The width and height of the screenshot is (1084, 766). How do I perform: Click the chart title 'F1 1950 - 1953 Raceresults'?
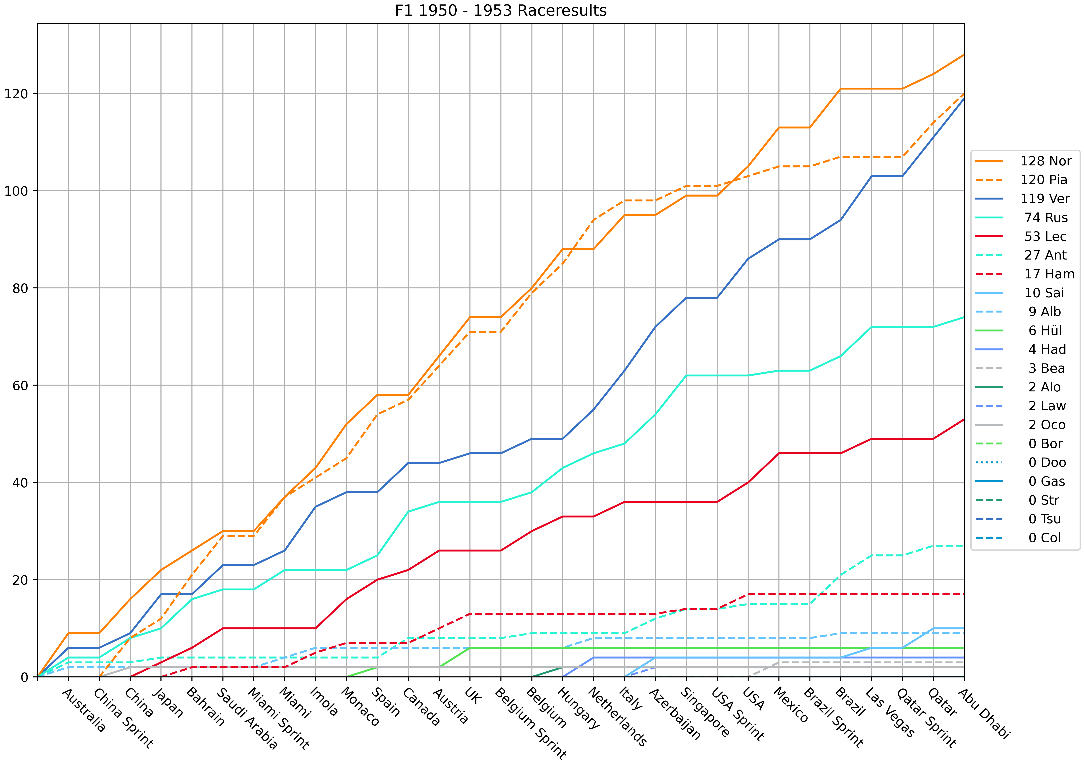(x=500, y=10)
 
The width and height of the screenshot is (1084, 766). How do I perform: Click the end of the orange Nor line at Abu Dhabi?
(x=964, y=55)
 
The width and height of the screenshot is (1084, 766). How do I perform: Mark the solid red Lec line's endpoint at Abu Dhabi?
(x=964, y=419)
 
